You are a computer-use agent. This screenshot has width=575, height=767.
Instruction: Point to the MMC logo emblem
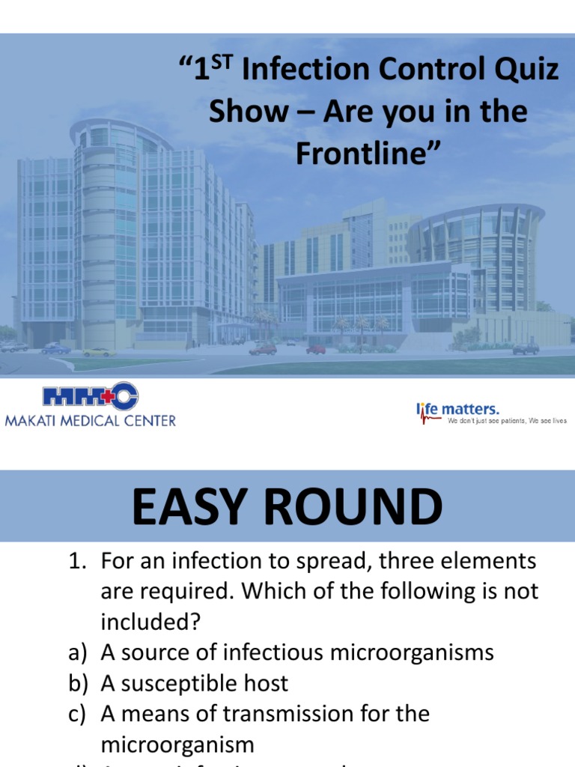point(91,397)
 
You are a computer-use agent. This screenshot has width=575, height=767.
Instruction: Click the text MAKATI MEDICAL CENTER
point(91,420)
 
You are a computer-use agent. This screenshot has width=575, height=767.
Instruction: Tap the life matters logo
point(457,409)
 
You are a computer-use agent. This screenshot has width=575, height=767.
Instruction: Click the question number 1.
point(79,561)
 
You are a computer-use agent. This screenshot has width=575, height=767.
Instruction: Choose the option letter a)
point(79,652)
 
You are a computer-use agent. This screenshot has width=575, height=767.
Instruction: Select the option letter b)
point(79,683)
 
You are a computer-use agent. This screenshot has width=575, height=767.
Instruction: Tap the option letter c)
point(79,714)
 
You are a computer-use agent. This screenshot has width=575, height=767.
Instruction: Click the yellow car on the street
point(98,351)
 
